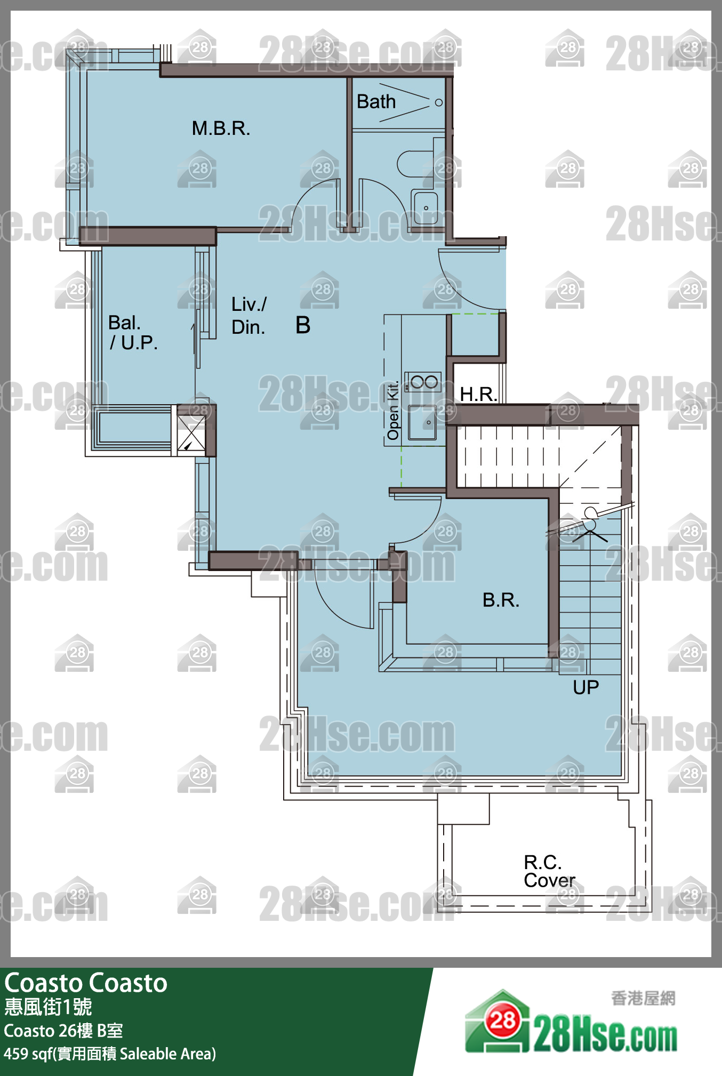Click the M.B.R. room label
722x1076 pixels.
click(x=221, y=129)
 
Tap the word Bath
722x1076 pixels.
click(x=376, y=101)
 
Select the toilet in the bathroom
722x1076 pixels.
click(x=415, y=164)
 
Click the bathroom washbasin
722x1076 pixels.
click(x=425, y=206)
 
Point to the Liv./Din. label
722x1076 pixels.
click(x=249, y=316)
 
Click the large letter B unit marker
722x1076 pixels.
click(x=303, y=325)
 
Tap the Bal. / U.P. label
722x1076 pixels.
click(x=133, y=333)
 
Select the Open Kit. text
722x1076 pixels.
click(x=393, y=411)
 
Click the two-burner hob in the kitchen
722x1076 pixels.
click(x=423, y=382)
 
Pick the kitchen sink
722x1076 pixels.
click(x=422, y=422)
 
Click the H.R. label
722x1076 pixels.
click(x=478, y=394)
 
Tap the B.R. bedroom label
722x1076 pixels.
click(x=501, y=600)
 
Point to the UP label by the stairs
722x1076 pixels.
click(x=585, y=687)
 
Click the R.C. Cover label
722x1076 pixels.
click(x=549, y=871)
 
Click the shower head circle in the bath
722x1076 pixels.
click(x=439, y=102)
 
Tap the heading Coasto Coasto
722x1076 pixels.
click(x=86, y=983)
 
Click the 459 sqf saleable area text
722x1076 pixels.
click(x=110, y=1054)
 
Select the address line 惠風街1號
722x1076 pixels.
click(x=48, y=1007)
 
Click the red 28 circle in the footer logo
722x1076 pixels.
click(x=503, y=1020)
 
